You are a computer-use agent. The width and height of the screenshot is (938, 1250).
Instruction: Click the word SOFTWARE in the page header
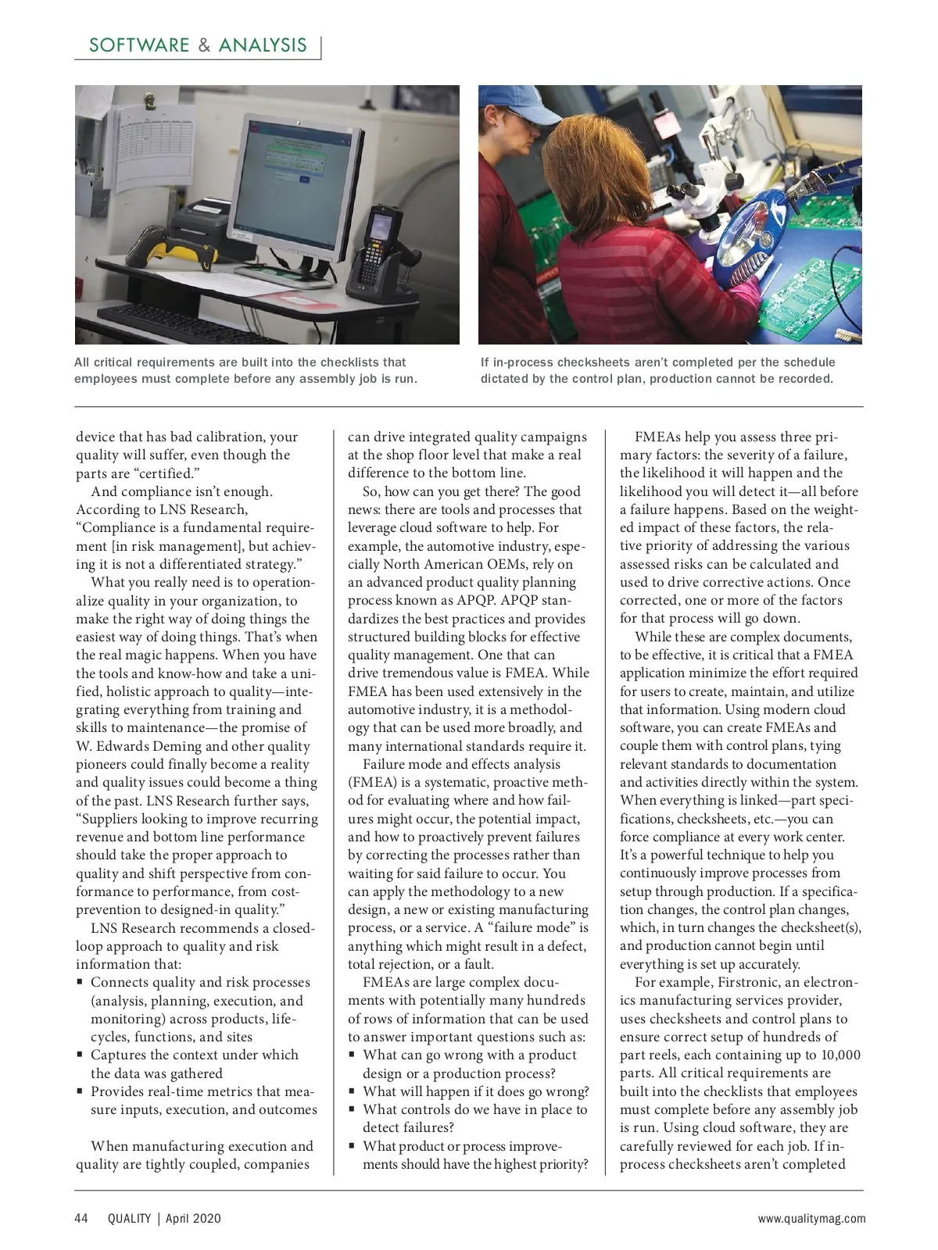pyautogui.click(x=139, y=45)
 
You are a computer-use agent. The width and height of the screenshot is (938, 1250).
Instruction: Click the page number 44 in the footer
pyautogui.click(x=81, y=1218)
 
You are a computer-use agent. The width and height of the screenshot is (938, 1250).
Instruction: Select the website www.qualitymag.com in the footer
pyautogui.click(x=811, y=1218)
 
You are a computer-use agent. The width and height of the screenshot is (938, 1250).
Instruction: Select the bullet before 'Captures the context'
pyautogui.click(x=81, y=1055)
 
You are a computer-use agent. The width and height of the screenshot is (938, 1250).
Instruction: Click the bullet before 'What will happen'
pyautogui.click(x=353, y=1092)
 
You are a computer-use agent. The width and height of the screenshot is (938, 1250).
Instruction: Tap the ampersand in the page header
pyautogui.click(x=204, y=45)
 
